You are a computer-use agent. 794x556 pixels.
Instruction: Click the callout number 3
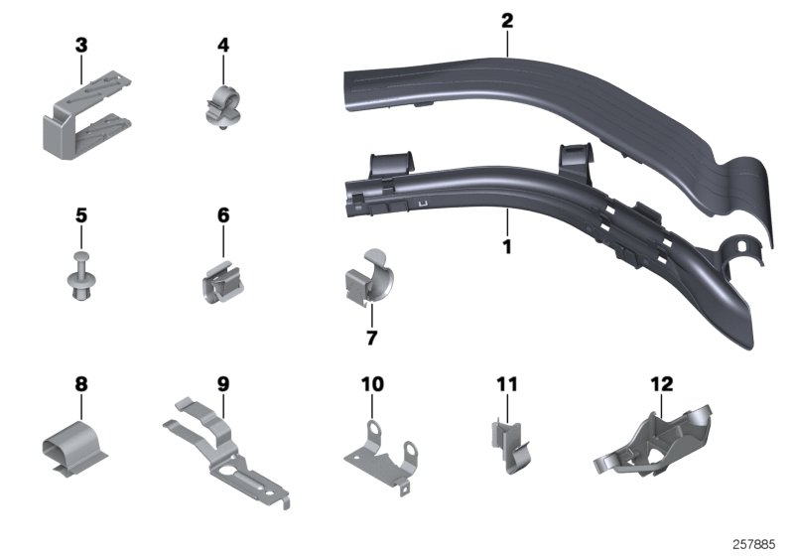pyautogui.click(x=81, y=45)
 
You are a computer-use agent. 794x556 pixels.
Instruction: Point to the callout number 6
pyautogui.click(x=223, y=214)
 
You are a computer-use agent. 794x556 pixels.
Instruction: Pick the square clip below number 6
pyautogui.click(x=220, y=288)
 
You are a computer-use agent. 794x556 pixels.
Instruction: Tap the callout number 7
pyautogui.click(x=372, y=339)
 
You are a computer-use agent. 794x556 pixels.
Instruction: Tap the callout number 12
pyautogui.click(x=661, y=383)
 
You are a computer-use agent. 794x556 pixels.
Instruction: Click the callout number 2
pyautogui.click(x=507, y=20)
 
